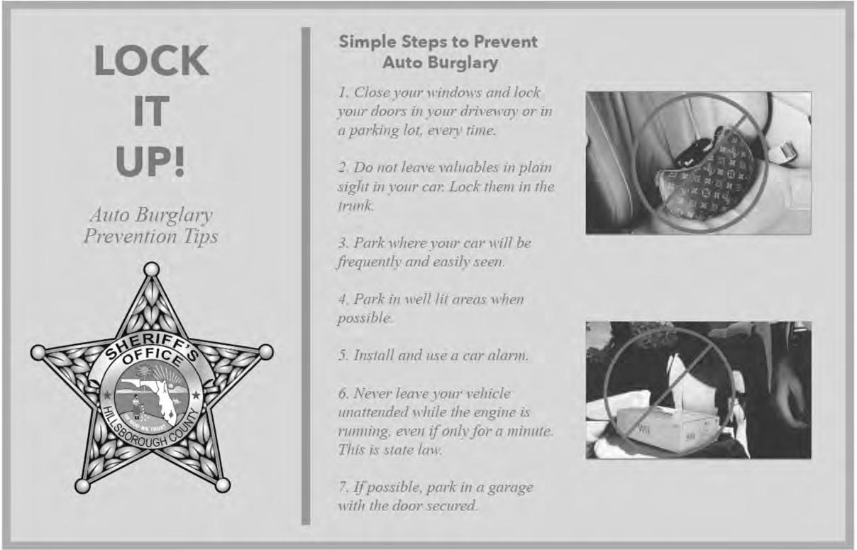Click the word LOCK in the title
[152, 60]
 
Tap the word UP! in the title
[150, 162]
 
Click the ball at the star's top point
[152, 269]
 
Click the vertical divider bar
[306, 275]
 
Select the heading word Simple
[367, 42]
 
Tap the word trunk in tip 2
[355, 206]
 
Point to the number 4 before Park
[343, 299]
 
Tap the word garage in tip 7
[511, 488]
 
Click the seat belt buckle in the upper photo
[785, 152]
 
